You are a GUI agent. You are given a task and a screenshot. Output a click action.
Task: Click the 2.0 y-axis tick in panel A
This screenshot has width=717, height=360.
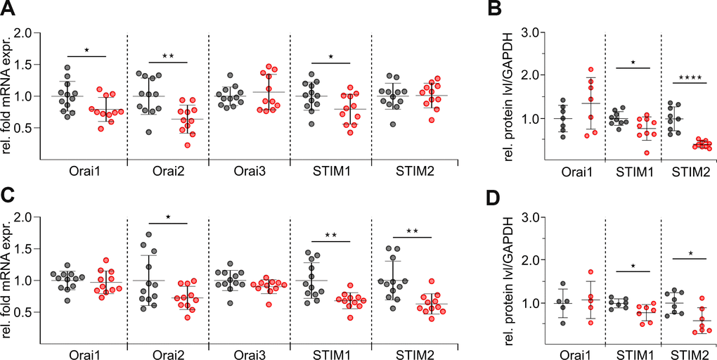[x=27, y=32]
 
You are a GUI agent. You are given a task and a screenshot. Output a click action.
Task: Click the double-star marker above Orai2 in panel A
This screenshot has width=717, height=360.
[x=168, y=55]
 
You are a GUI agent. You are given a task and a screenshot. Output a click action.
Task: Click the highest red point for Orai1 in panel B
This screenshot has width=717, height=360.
[x=591, y=70]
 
